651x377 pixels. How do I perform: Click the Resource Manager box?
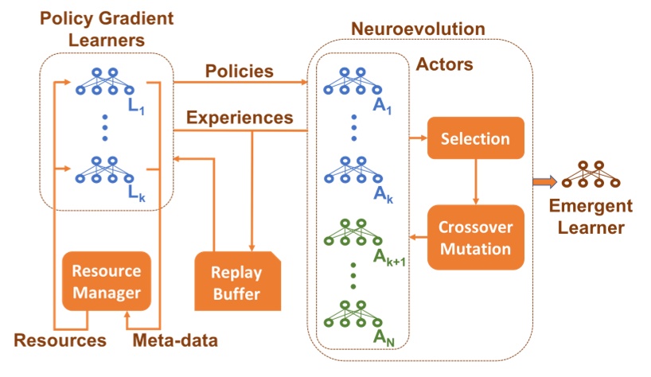[107, 282]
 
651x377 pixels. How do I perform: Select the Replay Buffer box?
[237, 282]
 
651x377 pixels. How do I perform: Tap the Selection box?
[475, 138]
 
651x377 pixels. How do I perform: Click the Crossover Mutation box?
[475, 236]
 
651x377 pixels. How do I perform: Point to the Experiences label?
[239, 117]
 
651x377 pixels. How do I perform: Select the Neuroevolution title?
[418, 29]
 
